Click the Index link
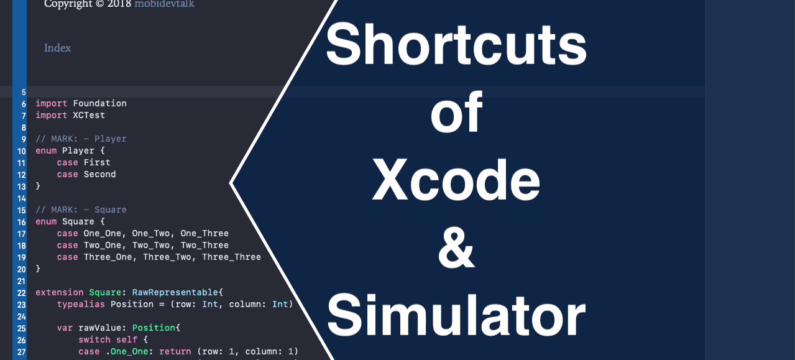[57, 48]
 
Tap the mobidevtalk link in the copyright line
[164, 4]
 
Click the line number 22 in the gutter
[21, 293]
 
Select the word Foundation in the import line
[99, 103]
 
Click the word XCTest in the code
[89, 115]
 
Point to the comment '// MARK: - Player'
[81, 139]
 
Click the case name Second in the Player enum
[99, 174]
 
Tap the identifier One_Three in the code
[204, 233]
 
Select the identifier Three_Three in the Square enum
[231, 257]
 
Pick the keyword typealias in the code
[81, 304]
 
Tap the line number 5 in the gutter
[24, 92]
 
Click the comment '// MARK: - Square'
[81, 210]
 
